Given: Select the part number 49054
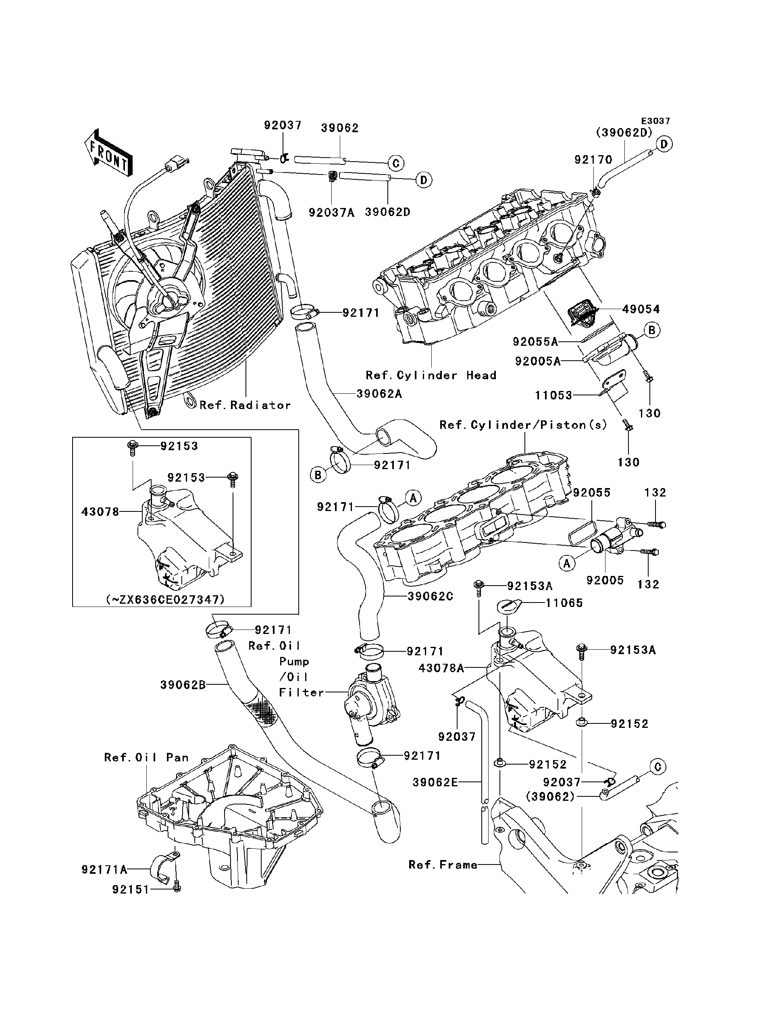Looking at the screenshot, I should tap(641, 309).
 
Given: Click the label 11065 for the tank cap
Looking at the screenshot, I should tap(564, 603).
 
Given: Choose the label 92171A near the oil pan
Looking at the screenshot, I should tap(104, 870).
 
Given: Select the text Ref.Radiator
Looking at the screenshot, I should tap(245, 405).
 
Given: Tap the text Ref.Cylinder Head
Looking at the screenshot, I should tap(431, 375).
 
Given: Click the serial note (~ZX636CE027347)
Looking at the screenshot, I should tap(165, 599).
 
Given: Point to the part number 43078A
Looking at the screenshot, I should tap(441, 668).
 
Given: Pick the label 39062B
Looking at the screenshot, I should tap(183, 698).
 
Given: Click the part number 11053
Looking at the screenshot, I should tap(553, 395).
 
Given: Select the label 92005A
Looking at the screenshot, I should tap(538, 362).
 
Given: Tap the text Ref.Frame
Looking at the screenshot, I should tap(443, 865).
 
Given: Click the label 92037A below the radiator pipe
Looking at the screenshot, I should tap(331, 212).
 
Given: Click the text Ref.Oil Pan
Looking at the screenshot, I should tap(146, 758).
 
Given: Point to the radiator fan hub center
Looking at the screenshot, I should tap(167, 300).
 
